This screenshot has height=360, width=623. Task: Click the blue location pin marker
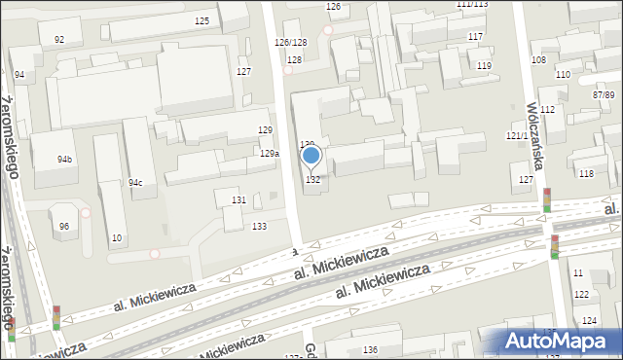(311, 156)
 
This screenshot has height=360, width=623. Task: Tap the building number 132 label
(313, 180)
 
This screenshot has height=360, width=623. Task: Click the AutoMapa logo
(557, 341)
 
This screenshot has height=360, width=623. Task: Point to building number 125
(202, 21)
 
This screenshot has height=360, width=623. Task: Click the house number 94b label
(64, 159)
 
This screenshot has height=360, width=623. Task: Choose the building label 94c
(135, 183)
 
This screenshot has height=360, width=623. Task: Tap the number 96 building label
(64, 227)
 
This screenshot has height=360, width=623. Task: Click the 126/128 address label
(290, 43)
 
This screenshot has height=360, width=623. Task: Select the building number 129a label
(270, 154)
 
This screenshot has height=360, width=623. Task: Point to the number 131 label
(238, 199)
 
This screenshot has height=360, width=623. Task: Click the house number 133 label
(259, 227)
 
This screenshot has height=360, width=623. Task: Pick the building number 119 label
(484, 66)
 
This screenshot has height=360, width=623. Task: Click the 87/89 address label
(604, 94)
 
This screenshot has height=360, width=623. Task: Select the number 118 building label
(586, 173)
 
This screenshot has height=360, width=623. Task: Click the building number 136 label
(370, 349)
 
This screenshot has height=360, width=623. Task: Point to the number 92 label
(59, 40)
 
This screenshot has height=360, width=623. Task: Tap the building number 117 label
(475, 37)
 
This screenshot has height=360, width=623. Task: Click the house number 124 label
(588, 320)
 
